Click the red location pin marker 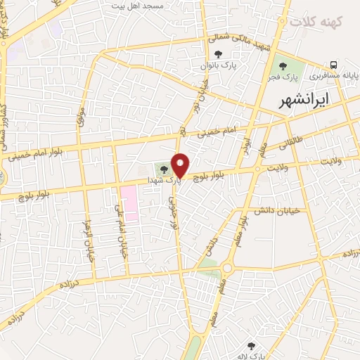180,165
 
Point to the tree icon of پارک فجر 283,65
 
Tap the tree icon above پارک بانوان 217,53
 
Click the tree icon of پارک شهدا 165,169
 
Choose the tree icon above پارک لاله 251,345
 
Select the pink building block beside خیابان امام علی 129,203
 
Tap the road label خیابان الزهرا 89,238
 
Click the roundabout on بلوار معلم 227,268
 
